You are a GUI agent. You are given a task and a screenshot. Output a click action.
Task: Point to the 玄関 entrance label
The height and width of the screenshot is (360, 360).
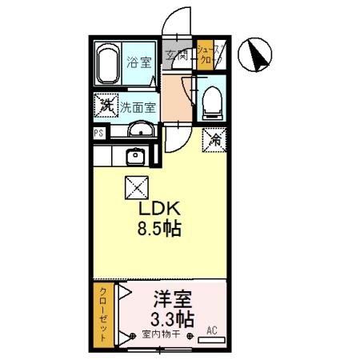click(x=177, y=56)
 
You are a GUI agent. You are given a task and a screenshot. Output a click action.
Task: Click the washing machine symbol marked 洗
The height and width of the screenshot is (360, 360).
click(x=105, y=104)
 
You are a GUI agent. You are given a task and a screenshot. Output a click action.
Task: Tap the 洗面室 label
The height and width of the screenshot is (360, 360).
click(x=138, y=106)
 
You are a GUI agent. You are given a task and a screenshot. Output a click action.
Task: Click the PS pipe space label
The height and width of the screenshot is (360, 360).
click(x=97, y=134)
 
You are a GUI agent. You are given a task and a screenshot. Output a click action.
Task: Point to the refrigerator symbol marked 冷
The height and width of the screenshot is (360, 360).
click(x=214, y=138)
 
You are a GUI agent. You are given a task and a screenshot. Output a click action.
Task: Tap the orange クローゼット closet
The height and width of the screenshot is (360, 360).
click(x=102, y=315)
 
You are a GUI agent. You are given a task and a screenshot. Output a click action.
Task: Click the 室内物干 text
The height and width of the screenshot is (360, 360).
click(x=160, y=334)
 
